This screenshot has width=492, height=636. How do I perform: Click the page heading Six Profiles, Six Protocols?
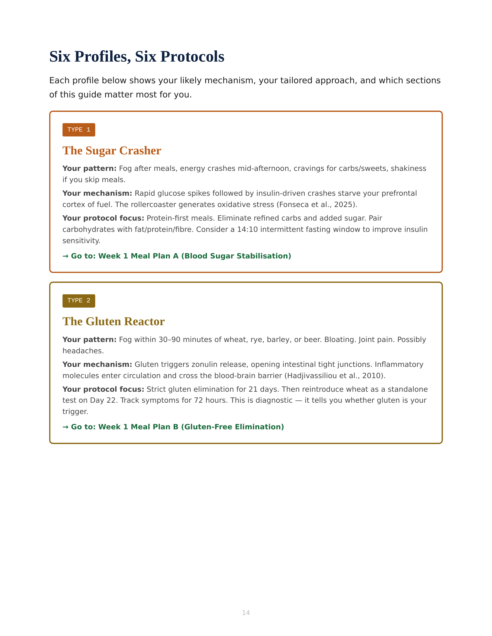pos(137,56)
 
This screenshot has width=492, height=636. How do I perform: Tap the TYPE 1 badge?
pos(79,130)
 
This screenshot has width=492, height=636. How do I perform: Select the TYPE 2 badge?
pos(79,301)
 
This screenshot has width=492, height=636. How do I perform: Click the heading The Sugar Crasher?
pos(112,151)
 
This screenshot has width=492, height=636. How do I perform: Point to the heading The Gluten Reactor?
pos(113,321)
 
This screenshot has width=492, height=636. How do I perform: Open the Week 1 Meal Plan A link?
pos(177,256)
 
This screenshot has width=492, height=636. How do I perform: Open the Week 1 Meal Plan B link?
pos(173,427)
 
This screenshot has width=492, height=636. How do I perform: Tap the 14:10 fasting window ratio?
pos(247,230)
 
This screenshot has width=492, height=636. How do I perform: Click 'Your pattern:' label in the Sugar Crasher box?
pos(89,169)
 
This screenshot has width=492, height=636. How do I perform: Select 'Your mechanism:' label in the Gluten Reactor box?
pos(97,365)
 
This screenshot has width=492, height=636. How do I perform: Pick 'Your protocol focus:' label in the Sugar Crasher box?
pos(103,218)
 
